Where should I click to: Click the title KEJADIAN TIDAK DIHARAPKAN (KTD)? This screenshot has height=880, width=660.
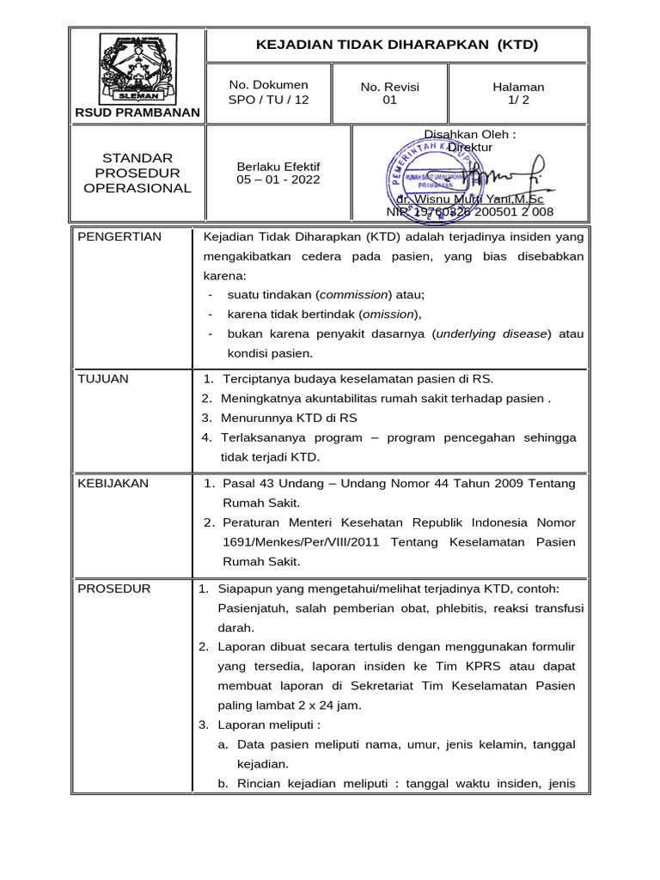tap(396, 45)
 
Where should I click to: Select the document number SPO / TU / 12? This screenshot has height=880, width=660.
tap(268, 100)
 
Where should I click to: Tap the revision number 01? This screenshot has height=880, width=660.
tap(389, 100)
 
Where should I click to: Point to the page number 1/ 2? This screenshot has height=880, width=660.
tap(517, 100)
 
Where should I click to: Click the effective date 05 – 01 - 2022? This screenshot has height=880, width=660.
tap(278, 180)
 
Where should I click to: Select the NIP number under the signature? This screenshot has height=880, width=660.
tap(470, 211)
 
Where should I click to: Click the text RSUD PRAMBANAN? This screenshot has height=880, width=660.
tap(137, 113)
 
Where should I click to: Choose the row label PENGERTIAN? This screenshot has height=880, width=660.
tap(119, 237)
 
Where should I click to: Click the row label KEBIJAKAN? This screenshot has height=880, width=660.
tap(113, 484)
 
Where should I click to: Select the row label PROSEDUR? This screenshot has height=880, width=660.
tap(114, 589)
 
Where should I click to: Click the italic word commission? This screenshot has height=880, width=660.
tap(355, 294)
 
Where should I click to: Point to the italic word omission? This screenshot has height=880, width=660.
tap(388, 314)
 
